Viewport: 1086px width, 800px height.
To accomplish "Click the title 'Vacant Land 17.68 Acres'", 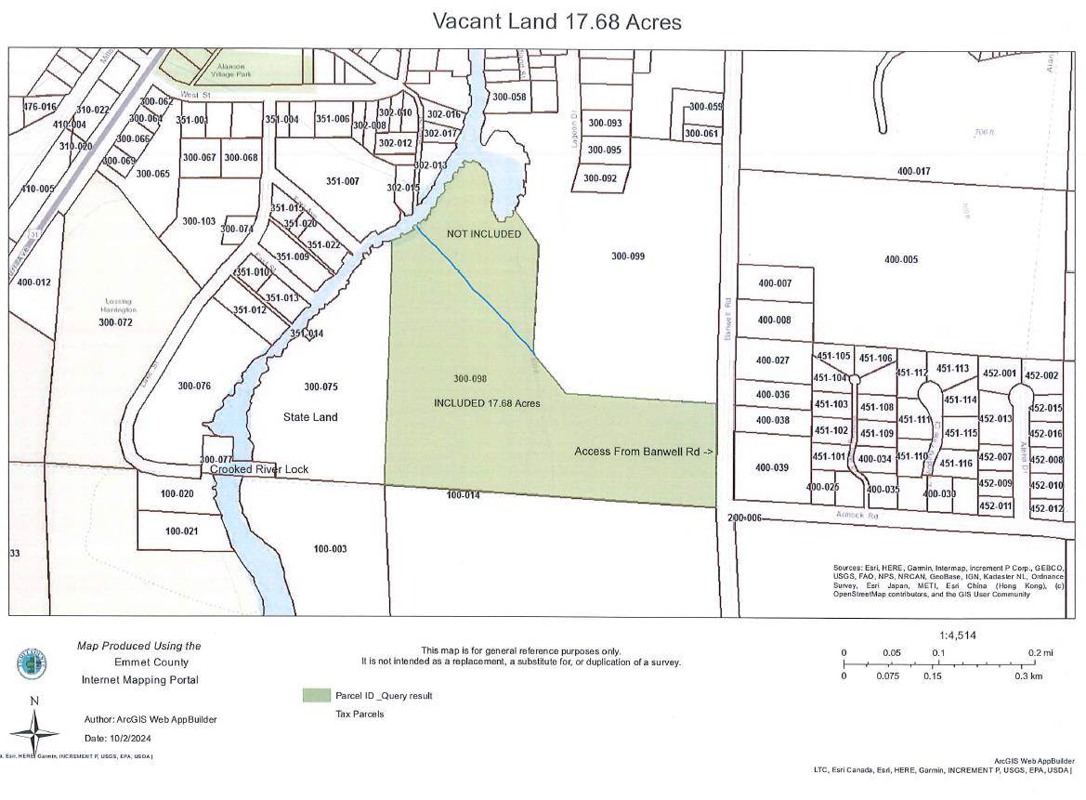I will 556,21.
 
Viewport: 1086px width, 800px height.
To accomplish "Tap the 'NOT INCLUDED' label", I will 484,234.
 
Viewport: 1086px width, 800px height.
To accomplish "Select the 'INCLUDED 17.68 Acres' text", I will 487,403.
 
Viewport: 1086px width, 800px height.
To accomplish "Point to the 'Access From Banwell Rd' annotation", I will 644,452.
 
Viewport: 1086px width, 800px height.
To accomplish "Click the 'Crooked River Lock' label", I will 259,469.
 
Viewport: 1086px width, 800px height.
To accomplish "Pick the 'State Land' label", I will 310,417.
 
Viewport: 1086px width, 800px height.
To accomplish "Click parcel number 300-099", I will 628,256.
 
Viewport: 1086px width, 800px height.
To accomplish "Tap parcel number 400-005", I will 900,259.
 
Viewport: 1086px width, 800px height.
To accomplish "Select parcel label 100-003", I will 330,549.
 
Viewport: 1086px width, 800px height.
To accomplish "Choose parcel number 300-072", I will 115,322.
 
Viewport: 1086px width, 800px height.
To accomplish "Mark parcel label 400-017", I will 914,171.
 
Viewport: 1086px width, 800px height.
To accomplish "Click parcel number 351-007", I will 342,181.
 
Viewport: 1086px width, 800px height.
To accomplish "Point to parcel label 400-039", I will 772,467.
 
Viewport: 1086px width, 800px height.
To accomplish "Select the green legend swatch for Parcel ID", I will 317,695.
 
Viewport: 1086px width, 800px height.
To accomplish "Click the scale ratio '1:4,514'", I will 958,636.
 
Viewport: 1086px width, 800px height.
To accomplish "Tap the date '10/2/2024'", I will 129,738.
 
